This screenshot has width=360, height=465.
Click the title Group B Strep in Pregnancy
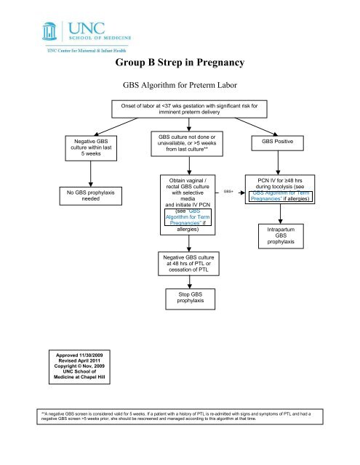179,63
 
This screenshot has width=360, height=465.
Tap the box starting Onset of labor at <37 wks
189,113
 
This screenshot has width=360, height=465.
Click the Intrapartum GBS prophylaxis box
280,235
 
